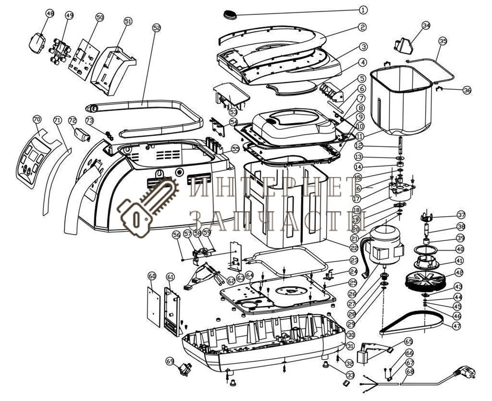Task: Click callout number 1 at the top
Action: click(363, 9)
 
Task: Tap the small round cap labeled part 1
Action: click(229, 14)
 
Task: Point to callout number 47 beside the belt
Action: click(457, 325)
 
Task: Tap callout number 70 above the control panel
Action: click(36, 119)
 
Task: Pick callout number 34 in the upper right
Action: click(426, 25)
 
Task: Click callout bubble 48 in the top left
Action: click(50, 14)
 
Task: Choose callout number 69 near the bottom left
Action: click(170, 361)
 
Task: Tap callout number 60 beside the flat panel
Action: click(152, 276)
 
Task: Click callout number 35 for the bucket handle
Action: click(442, 41)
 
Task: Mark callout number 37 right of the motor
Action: click(461, 215)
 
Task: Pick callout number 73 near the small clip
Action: click(89, 120)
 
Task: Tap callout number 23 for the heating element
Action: click(354, 260)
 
